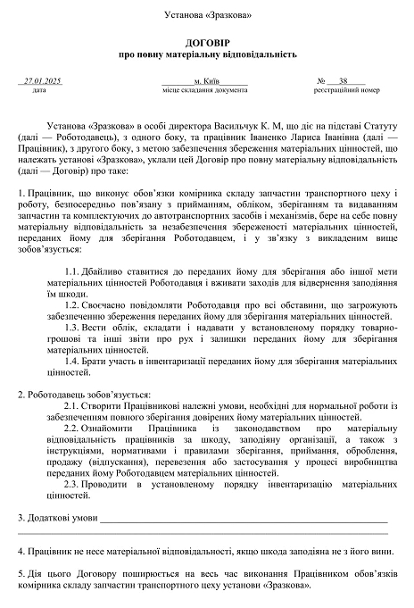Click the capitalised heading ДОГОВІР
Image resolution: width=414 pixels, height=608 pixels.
pos(207,42)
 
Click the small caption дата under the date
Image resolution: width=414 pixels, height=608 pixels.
pos(38,90)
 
